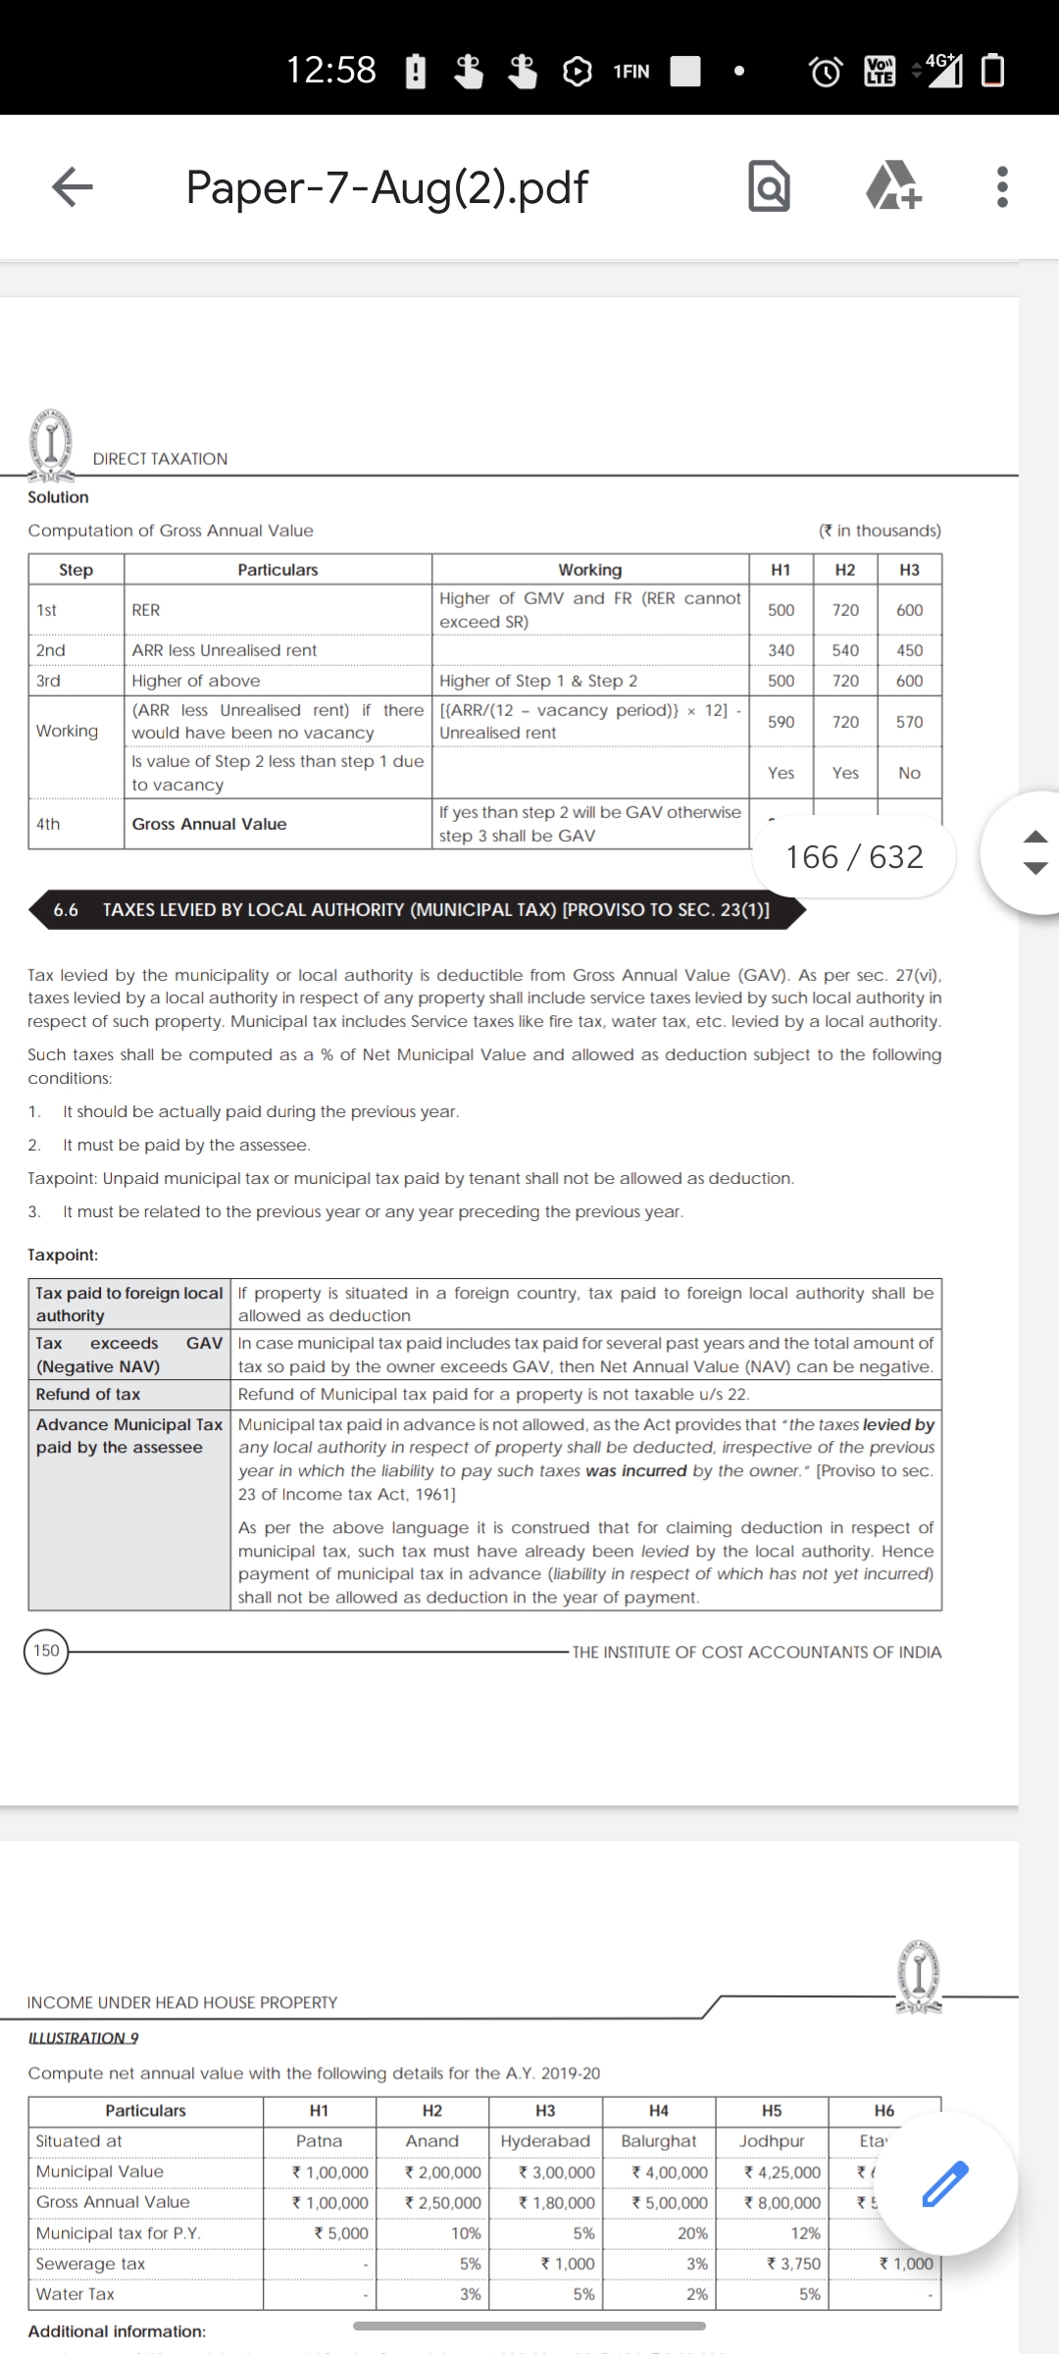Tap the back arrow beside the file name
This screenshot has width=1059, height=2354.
pos(72,186)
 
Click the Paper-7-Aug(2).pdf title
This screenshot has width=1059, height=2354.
pos(386,186)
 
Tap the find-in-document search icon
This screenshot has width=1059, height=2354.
pos(769,186)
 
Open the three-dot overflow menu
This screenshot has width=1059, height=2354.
pos(1001,186)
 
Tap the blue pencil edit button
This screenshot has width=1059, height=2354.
pos(945,2183)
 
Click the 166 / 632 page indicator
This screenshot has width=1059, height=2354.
pos(854,857)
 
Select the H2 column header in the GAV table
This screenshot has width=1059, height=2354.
pos(845,570)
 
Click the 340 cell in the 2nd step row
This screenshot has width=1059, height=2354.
pos(781,650)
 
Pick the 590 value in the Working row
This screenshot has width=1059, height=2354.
pos(781,722)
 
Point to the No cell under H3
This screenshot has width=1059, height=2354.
pos(909,773)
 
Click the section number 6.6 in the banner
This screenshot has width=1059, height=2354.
pos(66,910)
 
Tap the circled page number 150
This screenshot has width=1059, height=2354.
pos(46,1651)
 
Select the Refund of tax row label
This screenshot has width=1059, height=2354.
pos(88,1394)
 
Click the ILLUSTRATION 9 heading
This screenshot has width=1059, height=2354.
pos(83,2037)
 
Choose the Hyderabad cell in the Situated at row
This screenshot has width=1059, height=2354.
pos(545,2141)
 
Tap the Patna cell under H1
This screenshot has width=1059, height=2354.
pos(319,2141)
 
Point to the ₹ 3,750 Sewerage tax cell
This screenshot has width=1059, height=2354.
pos(792,2264)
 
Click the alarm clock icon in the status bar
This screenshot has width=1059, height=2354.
pos(825,72)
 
